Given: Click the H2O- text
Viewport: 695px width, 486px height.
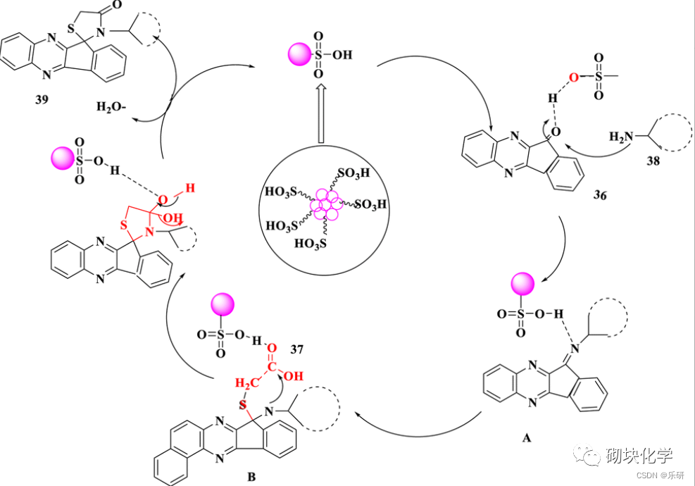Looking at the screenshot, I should pos(113,108).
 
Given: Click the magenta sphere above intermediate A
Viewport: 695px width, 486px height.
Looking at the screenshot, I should pos(522,286).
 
